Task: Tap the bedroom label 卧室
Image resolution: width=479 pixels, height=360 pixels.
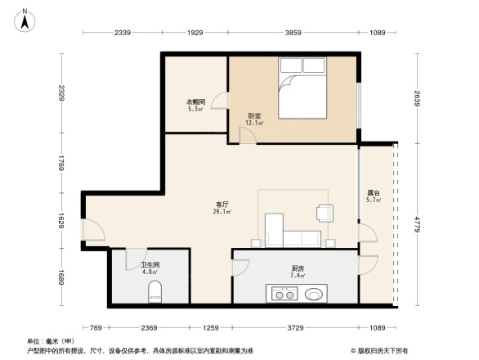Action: pos(254,116)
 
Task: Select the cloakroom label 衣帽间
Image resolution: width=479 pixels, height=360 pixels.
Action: pos(195,101)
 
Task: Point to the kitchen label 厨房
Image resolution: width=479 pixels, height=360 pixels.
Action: pos(298,269)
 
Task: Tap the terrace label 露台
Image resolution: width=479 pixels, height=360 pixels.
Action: pos(373,194)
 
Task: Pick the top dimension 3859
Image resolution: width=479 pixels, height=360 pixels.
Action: pos(292,33)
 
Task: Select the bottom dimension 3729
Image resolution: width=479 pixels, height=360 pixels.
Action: pos(295,328)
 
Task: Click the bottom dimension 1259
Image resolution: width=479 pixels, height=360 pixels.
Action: pos(212,328)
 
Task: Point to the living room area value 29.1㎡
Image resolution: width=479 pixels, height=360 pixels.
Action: pos(222,213)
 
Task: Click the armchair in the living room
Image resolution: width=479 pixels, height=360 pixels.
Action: pos(325,213)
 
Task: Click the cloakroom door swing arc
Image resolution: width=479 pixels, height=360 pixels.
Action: pos(220,101)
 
